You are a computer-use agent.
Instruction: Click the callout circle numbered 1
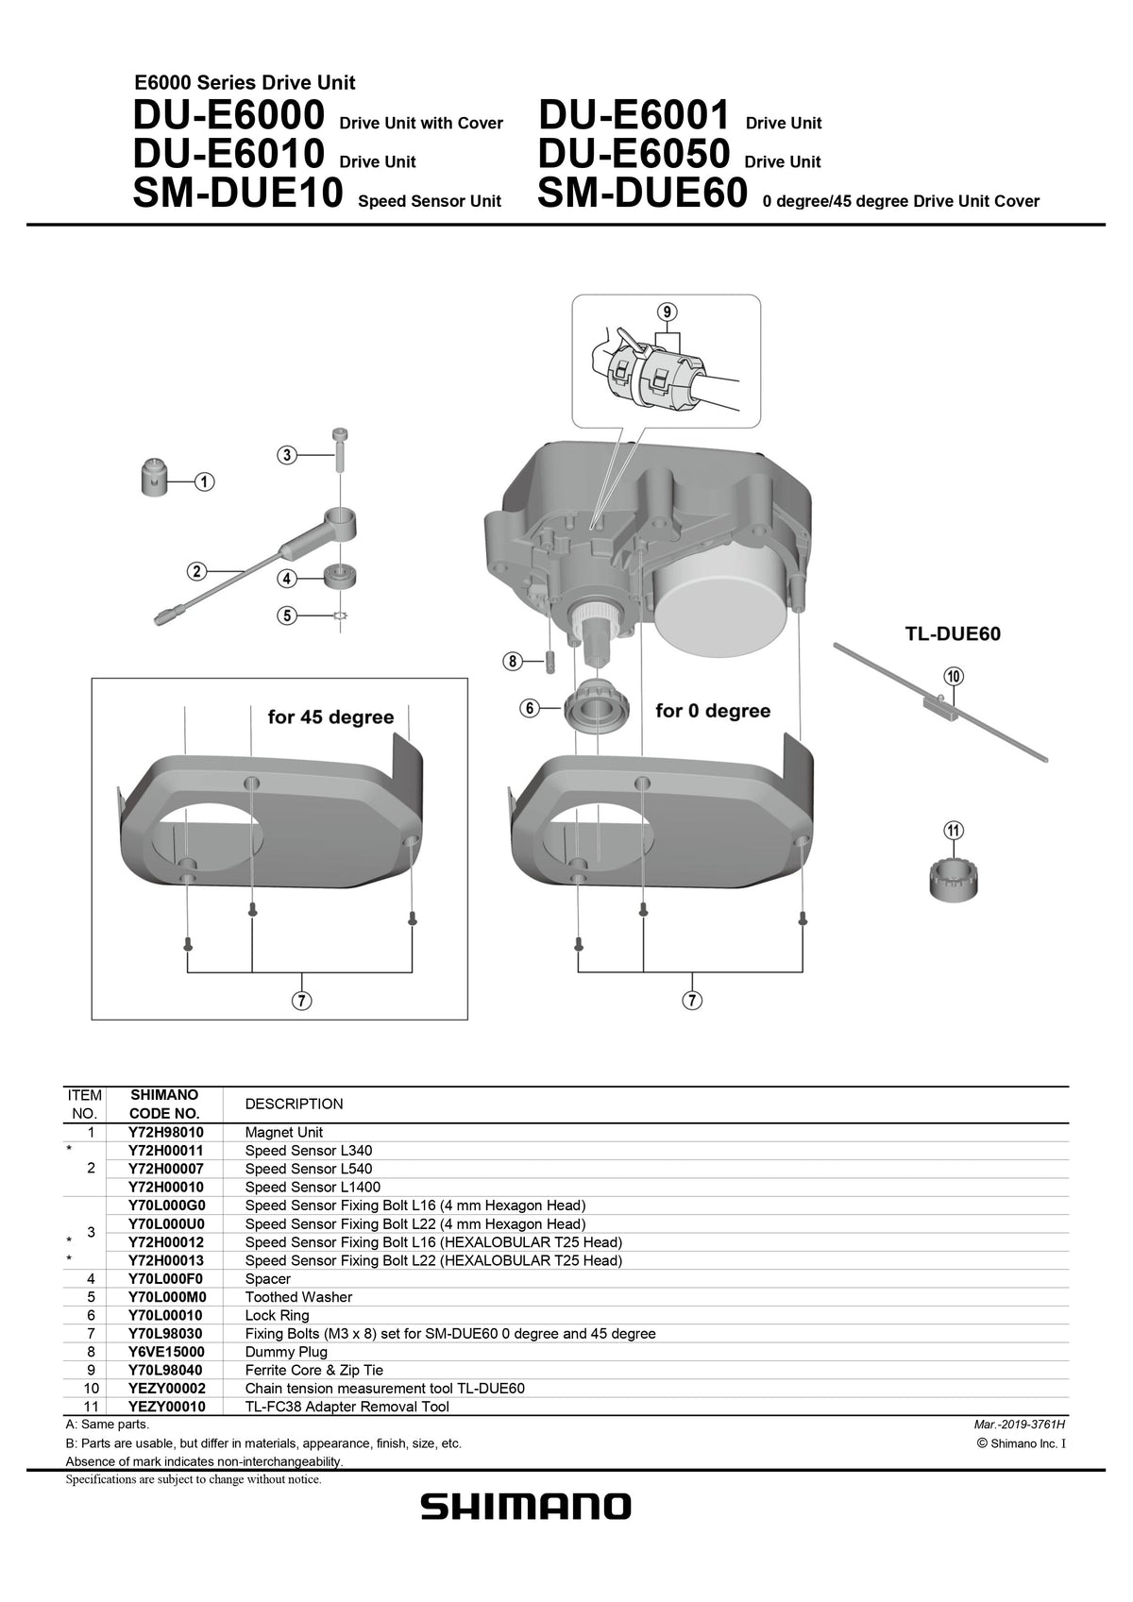pos(204,482)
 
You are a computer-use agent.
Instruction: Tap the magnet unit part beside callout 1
pos(154,475)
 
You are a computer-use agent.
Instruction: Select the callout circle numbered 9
pos(668,312)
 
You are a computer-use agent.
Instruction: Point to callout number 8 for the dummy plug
pos(513,662)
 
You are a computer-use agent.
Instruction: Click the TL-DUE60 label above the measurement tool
pos(952,634)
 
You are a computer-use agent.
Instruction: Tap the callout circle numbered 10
pos(954,676)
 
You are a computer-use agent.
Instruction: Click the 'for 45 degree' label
pos(330,717)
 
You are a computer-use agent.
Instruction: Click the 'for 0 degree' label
pos(713,711)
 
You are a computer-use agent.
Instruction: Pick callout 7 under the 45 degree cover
pos(303,1001)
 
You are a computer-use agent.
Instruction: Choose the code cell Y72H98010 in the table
pos(165,1132)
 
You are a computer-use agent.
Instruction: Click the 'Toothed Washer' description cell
pos(298,1297)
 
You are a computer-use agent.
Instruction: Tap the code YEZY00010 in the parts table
pos(166,1407)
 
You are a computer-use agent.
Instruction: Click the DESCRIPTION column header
pos(294,1104)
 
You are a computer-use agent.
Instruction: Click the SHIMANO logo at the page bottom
pos(525,1507)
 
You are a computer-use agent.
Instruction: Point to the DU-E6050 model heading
pos(633,154)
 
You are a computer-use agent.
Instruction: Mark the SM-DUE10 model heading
pos(238,194)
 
